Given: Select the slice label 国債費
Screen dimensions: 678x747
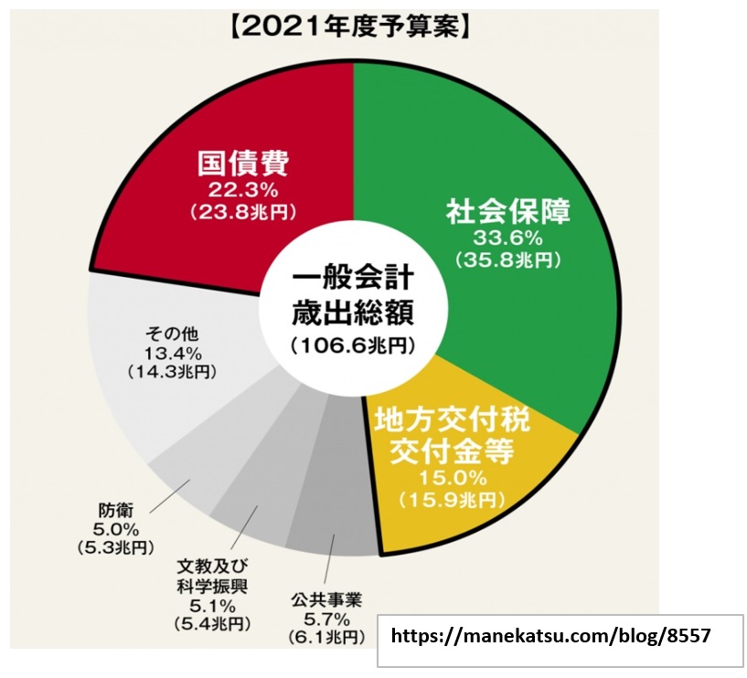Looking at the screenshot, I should click(x=243, y=165).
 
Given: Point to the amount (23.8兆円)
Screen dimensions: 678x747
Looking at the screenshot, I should click(x=243, y=212).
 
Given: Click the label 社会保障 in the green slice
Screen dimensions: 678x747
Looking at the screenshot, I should click(x=507, y=213).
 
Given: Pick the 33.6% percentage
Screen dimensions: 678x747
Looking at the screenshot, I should click(x=507, y=238).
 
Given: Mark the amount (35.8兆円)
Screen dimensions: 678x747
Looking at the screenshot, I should click(x=507, y=260).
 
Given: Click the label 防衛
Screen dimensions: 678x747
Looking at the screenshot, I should click(x=113, y=511).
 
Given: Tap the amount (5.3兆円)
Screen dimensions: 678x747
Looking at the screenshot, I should click(x=114, y=547).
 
